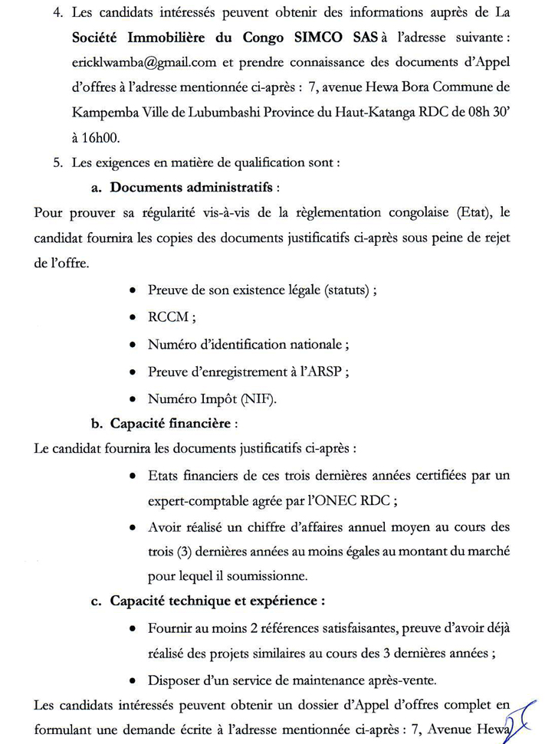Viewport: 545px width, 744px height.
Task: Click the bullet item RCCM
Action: (169, 317)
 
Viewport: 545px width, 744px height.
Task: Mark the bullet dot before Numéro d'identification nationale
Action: (133, 345)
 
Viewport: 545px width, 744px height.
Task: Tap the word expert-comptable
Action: (201, 500)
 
